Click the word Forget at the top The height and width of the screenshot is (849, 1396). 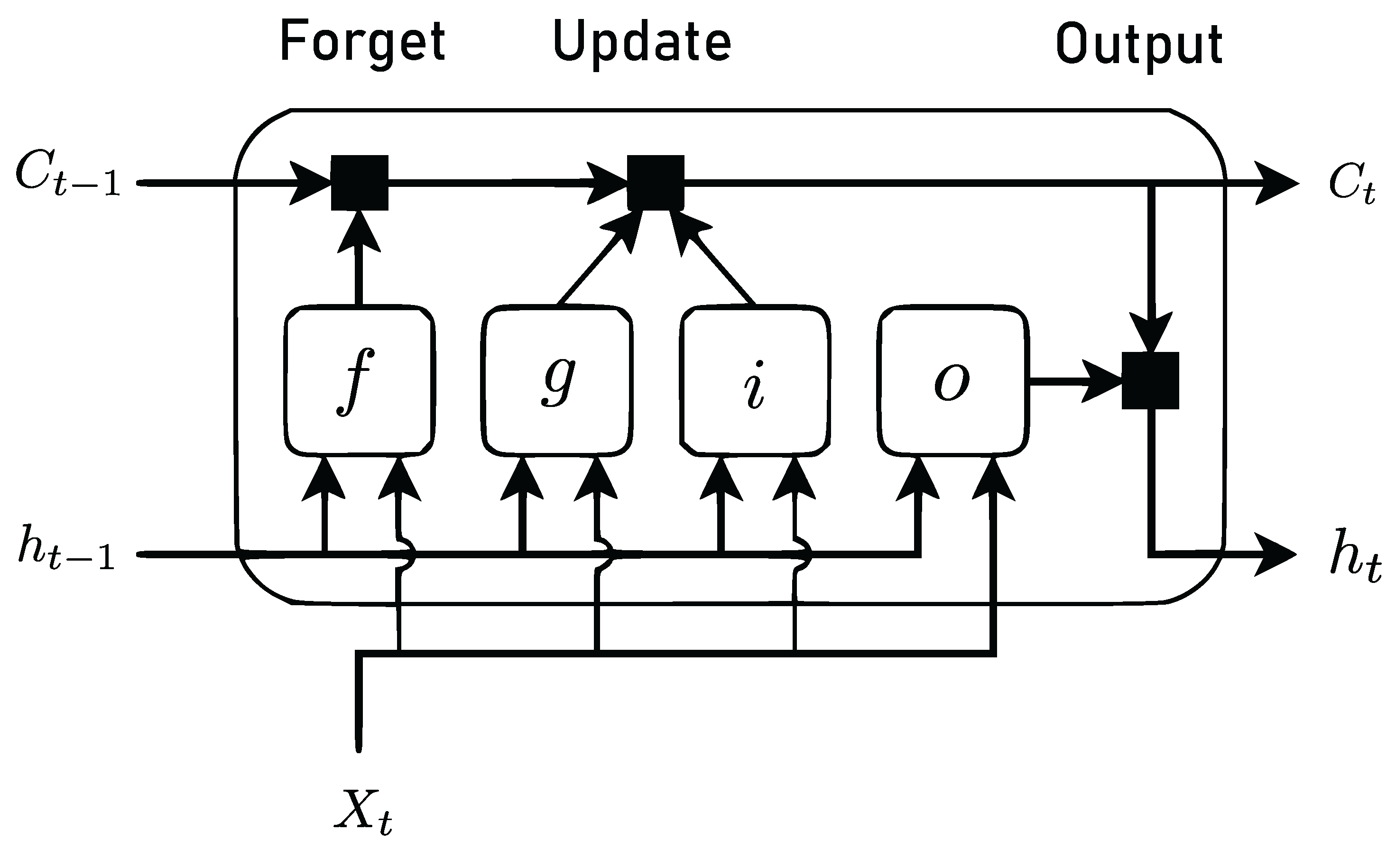362,43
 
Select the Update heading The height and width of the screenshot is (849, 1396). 642,43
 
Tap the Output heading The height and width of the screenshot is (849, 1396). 1139,46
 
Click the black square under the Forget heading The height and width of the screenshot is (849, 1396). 360,183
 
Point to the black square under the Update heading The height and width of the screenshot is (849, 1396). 656,183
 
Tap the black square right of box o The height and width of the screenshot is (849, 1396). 1150,380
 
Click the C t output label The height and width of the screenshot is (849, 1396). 1352,184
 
